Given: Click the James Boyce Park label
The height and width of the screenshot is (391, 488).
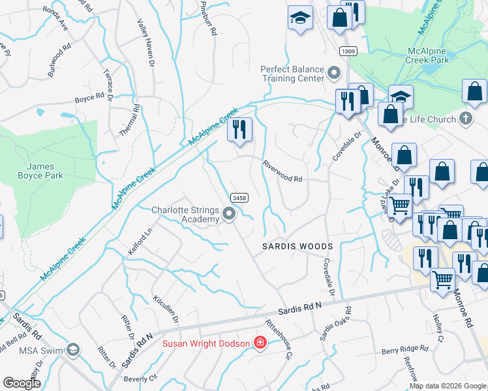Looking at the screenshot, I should tap(40, 171).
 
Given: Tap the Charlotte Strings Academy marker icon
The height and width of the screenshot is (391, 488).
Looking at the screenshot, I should tap(228, 214).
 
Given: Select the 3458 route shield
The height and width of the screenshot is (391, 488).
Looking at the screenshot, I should tap(238, 197).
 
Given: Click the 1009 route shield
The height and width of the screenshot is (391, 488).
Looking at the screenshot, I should tap(348, 51).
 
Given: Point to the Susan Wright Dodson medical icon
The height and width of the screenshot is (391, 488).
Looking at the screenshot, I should tap(260, 343).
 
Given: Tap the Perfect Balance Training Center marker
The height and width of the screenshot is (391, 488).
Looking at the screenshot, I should tap(335, 73).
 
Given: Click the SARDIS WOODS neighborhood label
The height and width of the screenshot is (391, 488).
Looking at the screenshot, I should tap(297, 246).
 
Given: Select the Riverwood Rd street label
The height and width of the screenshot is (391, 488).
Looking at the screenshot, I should tap(283, 173).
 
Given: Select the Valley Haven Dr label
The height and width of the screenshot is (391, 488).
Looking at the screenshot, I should tap(144, 40).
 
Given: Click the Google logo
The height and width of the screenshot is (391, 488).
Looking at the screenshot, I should tap(22, 383).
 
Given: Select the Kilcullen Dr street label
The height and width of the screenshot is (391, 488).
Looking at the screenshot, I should tap(166, 306).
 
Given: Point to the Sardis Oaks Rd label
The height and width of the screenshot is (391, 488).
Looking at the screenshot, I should tap(335, 323).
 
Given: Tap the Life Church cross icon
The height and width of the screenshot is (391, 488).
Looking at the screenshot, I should tap(465, 119).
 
